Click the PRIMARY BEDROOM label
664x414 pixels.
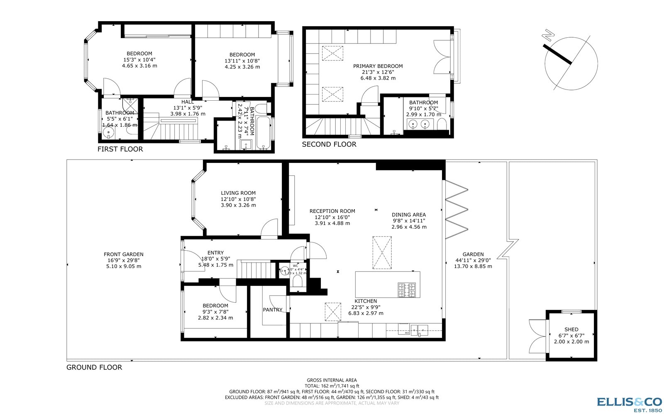378,66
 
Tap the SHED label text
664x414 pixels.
571,329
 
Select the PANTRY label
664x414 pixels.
272,310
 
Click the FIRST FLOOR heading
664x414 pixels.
120,149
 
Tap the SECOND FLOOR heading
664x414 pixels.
329,144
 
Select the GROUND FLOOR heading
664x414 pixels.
94,367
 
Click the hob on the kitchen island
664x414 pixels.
407,290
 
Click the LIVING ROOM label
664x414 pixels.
238,193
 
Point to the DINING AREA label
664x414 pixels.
409,215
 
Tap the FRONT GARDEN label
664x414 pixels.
124,254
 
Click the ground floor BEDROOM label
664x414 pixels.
215,306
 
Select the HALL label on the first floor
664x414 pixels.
187,102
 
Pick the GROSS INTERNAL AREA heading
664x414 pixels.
332,380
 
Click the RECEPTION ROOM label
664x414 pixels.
332,211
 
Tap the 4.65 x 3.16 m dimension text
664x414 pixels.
139,65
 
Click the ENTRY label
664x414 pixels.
215,252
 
